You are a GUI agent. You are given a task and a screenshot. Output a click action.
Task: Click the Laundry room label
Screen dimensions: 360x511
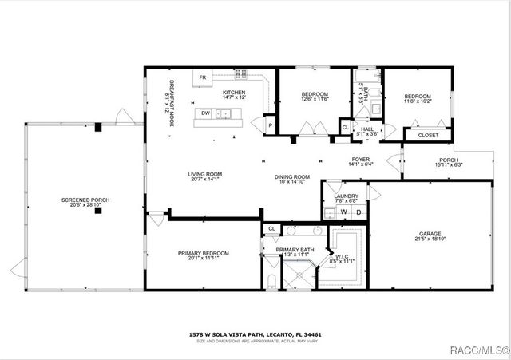pos(346,197)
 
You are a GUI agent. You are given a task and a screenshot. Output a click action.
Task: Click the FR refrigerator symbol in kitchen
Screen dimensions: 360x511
pos(203,77)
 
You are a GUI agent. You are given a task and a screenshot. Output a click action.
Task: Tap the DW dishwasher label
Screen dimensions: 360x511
pos(205,113)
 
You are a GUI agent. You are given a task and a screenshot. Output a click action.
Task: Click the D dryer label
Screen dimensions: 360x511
pos(358,212)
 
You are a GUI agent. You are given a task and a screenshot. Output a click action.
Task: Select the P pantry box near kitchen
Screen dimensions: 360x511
pos(270,125)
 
